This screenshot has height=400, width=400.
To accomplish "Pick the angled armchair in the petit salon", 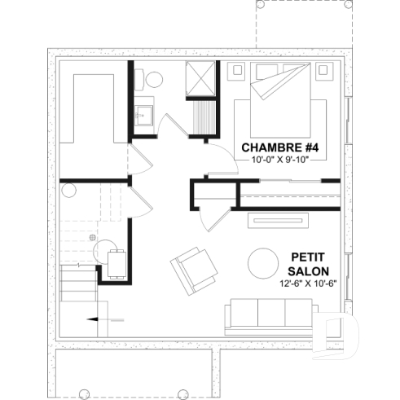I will pyautogui.click(x=193, y=269).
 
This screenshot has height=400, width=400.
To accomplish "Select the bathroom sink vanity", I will pyautogui.click(x=145, y=113).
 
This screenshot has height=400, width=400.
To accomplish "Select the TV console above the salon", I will pyautogui.click(x=277, y=220).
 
